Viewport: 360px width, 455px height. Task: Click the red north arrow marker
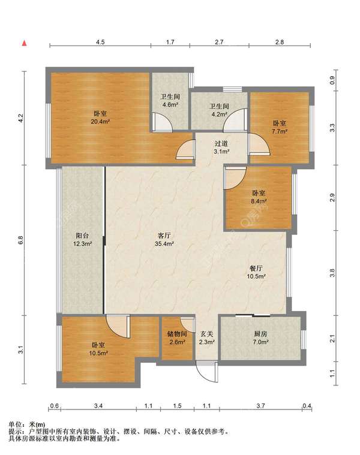tap(25, 44)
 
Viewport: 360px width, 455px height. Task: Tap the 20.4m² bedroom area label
tap(100, 117)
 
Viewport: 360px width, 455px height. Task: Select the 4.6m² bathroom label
tap(170, 101)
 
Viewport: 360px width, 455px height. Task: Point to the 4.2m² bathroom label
tap(219, 110)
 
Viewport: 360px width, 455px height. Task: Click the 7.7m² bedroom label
tap(280, 128)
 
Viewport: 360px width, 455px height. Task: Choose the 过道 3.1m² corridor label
tap(221, 147)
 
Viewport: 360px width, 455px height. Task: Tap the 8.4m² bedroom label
tap(259, 197)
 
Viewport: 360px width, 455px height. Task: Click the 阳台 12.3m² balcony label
tap(82, 239)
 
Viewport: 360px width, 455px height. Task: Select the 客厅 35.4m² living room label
tap(164, 239)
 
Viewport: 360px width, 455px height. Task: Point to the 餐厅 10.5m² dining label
tap(256, 272)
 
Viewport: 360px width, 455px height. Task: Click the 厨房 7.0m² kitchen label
tap(260, 338)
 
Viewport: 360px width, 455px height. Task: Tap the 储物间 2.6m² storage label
tap(177, 338)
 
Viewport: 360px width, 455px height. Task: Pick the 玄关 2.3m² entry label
tap(207, 338)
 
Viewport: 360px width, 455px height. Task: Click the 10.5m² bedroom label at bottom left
tap(98, 349)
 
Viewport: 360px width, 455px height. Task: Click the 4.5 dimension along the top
tap(100, 42)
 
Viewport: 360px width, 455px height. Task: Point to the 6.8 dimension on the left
tap(20, 240)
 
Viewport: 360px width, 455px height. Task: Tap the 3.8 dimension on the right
tap(332, 273)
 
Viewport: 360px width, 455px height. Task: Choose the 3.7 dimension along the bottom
tap(261, 406)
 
